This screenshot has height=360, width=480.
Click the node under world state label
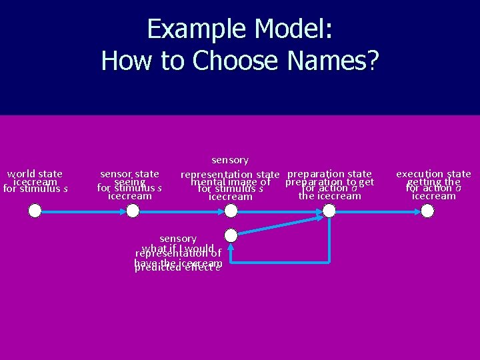35,211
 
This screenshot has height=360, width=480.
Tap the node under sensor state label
133,211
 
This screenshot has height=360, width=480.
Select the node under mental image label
231,211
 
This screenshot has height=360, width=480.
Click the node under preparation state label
329,211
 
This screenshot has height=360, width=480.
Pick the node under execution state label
427,211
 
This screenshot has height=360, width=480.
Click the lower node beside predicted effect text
231,235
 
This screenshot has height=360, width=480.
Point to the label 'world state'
35,174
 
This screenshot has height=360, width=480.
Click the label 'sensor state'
129,174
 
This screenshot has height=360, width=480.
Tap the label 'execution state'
433,174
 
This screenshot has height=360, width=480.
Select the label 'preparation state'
329,174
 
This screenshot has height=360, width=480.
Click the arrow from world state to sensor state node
84,211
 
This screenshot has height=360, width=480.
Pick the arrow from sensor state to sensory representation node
181,211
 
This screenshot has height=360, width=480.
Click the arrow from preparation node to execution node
378,211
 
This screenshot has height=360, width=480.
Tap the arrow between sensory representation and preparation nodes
280,211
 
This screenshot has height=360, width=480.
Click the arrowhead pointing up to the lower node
231,248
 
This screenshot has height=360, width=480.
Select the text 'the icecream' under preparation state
329,196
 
